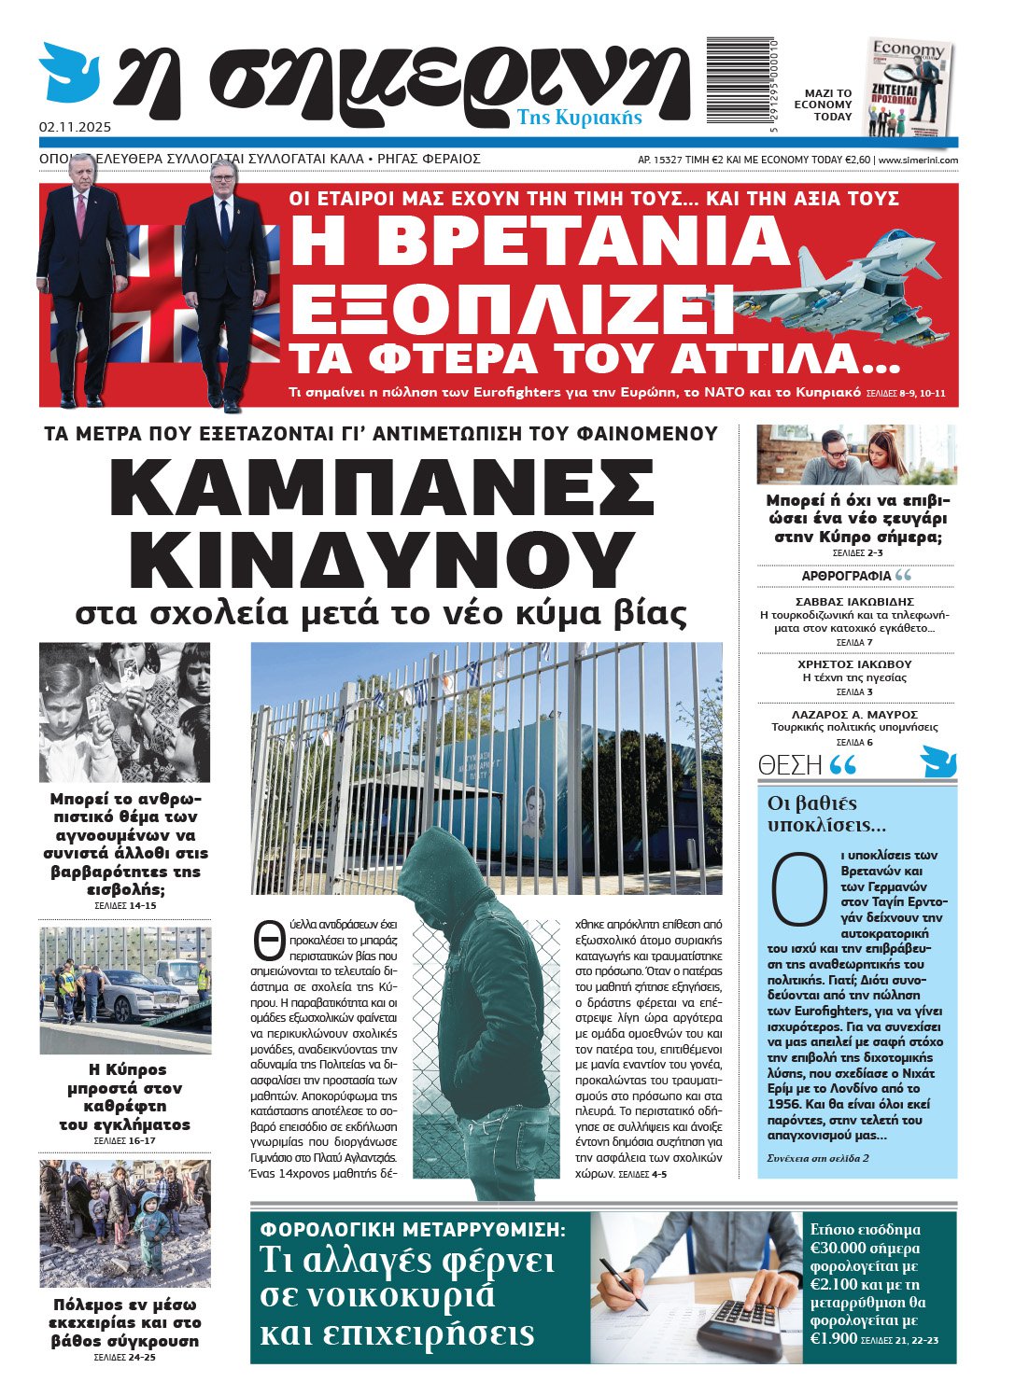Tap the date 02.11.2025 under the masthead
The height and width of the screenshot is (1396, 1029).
pyautogui.click(x=75, y=126)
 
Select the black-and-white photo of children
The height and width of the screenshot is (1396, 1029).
pyautogui.click(x=124, y=712)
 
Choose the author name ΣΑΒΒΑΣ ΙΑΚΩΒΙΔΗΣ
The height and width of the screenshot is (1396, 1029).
pyautogui.click(x=854, y=602)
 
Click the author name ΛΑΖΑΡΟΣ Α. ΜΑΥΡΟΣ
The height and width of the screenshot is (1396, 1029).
pyautogui.click(x=854, y=715)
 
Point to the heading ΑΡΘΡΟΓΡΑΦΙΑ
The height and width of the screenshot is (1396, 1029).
pyautogui.click(x=846, y=576)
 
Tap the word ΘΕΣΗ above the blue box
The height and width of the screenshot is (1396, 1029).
pyautogui.click(x=790, y=766)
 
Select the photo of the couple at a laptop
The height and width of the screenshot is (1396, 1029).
pyautogui.click(x=855, y=454)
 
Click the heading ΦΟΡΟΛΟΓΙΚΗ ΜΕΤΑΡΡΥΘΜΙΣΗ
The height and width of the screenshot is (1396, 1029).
pyautogui.click(x=413, y=1230)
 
